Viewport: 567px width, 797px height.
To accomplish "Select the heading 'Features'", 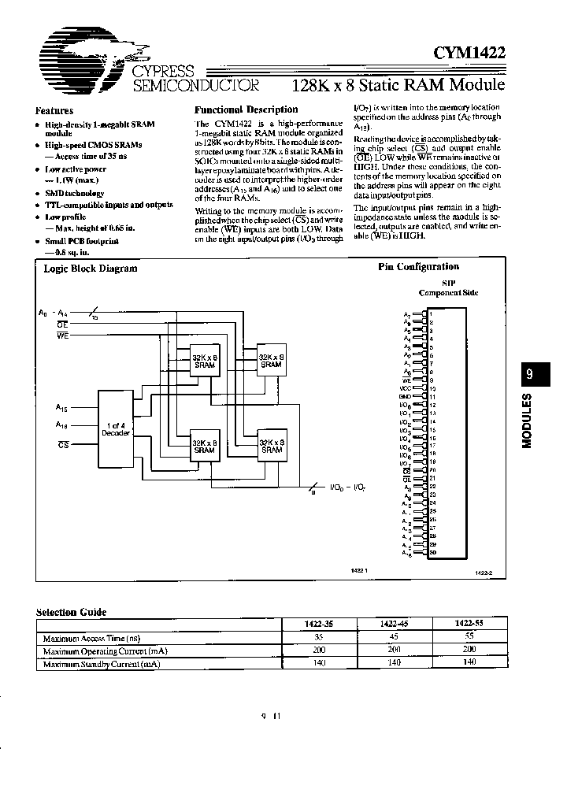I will coord(54,111).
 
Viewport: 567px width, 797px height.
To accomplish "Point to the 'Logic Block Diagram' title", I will coord(91,268).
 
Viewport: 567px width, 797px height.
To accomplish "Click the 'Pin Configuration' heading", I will coord(418,267).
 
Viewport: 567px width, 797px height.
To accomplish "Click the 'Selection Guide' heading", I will coord(72,612).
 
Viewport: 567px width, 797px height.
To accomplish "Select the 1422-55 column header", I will coord(469,624).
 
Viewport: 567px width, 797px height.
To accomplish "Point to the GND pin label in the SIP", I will coord(406,396).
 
